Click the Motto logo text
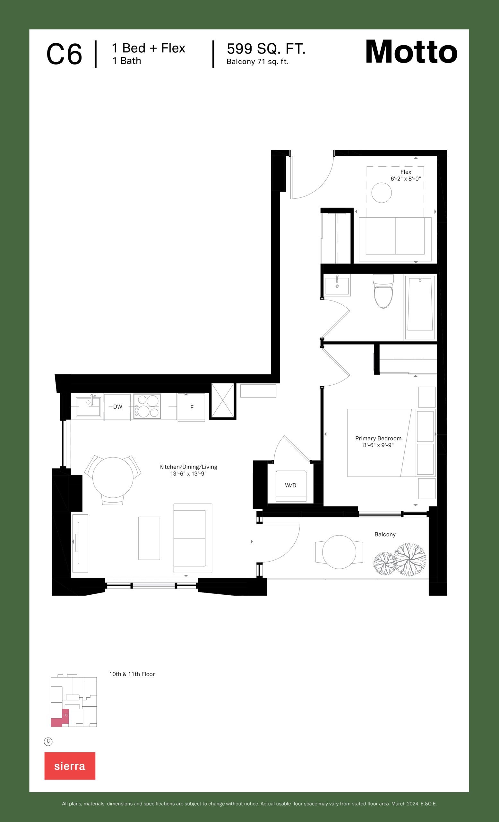pos(411,52)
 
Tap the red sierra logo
pos(70,765)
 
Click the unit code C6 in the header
pos(64,54)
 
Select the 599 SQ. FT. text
pos(266,49)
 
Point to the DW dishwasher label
pos(117,407)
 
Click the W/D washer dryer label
pos(291,485)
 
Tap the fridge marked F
pos(191,407)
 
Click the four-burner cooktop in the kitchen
pos(147,406)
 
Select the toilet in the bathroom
pos(383,291)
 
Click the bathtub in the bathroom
pos(420,307)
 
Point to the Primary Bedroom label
pos(378,442)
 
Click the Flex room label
pos(406,175)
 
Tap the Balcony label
pos(385,534)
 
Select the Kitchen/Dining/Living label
pos(188,470)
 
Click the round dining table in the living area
pos(113,477)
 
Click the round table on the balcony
pos(339,552)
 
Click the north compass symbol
pos(48,742)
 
